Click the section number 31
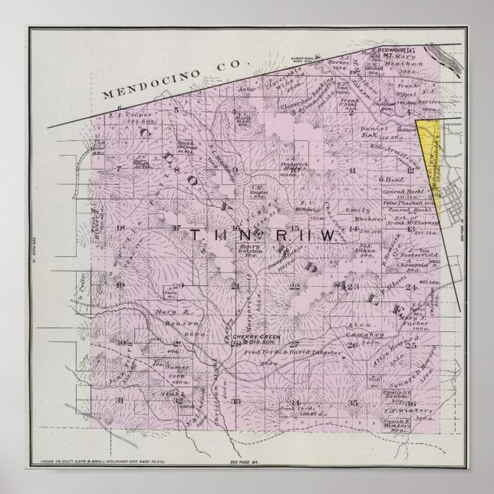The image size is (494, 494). pyautogui.click(x=119, y=400)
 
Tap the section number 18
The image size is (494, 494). pyautogui.click(x=120, y=228)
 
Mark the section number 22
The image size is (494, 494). pyautogui.click(x=295, y=286)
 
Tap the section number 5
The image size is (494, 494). pyautogui.click(x=176, y=110)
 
